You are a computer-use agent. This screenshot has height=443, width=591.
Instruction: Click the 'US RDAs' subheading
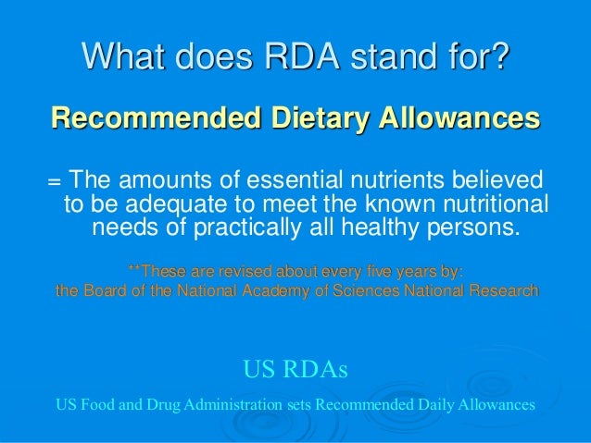tap(295, 372)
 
